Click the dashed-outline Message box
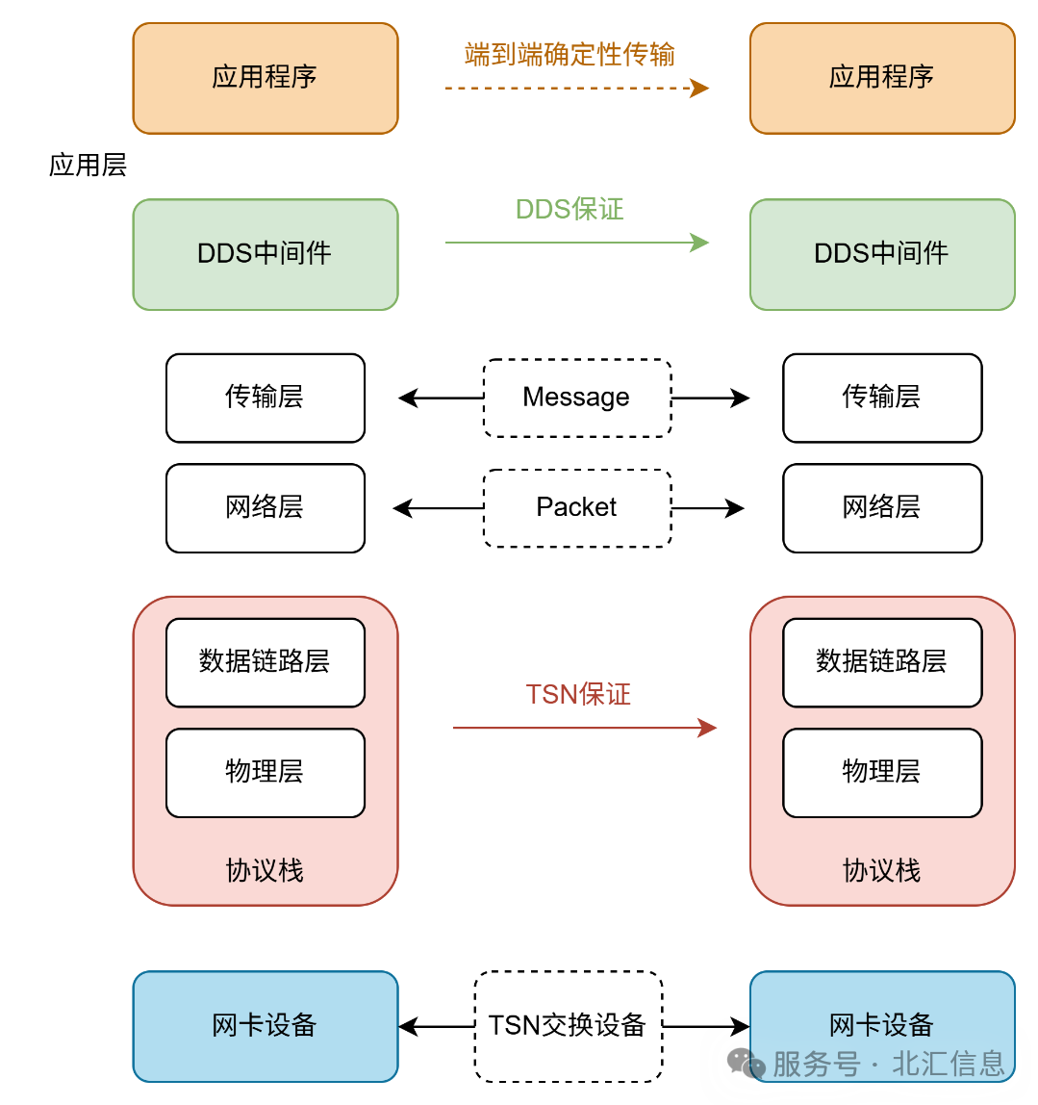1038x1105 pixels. [x=576, y=398]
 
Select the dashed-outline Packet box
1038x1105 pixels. [x=576, y=507]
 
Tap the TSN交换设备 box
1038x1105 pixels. [x=568, y=1025]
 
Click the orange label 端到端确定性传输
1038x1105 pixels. [x=570, y=54]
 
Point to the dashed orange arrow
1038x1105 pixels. [x=575, y=89]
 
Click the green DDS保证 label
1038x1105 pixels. [x=570, y=209]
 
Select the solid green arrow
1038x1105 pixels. [x=575, y=243]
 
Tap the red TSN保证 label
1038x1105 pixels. [x=578, y=694]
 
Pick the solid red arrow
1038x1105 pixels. [x=583, y=728]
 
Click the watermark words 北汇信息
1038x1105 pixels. [x=949, y=1064]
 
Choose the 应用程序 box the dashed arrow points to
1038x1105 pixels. [x=881, y=78]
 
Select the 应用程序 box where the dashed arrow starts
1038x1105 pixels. [x=265, y=78]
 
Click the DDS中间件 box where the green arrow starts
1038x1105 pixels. [x=265, y=254]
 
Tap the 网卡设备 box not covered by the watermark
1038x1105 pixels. [x=265, y=1026]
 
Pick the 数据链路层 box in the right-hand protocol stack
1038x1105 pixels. [x=881, y=662]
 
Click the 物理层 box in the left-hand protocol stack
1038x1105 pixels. [x=265, y=772]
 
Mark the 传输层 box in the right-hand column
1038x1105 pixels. [x=881, y=398]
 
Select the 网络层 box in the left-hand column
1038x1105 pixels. [x=265, y=507]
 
